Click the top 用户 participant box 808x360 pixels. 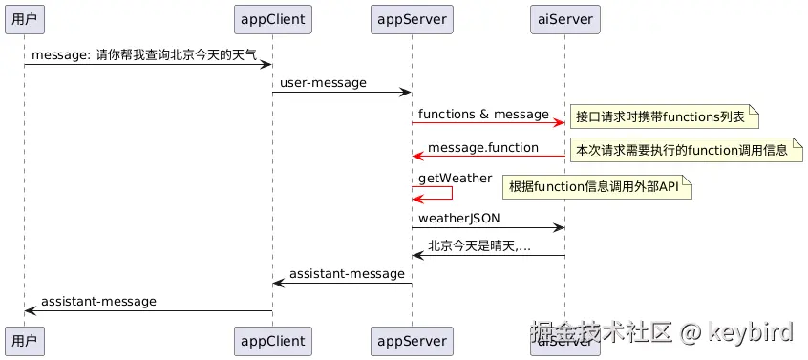[x=25, y=17]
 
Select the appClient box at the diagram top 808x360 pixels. [x=272, y=17]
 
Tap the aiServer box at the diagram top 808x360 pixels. [x=564, y=17]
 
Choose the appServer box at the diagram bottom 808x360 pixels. [x=412, y=341]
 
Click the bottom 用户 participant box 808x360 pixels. [x=25, y=341]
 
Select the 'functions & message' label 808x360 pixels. [x=483, y=115]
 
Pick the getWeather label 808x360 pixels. [x=455, y=179]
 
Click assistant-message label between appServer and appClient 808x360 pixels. [x=347, y=274]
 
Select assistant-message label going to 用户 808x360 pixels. [x=98, y=301]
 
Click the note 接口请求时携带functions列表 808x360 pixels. [x=661, y=117]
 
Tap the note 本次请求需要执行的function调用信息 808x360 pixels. [x=682, y=150]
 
